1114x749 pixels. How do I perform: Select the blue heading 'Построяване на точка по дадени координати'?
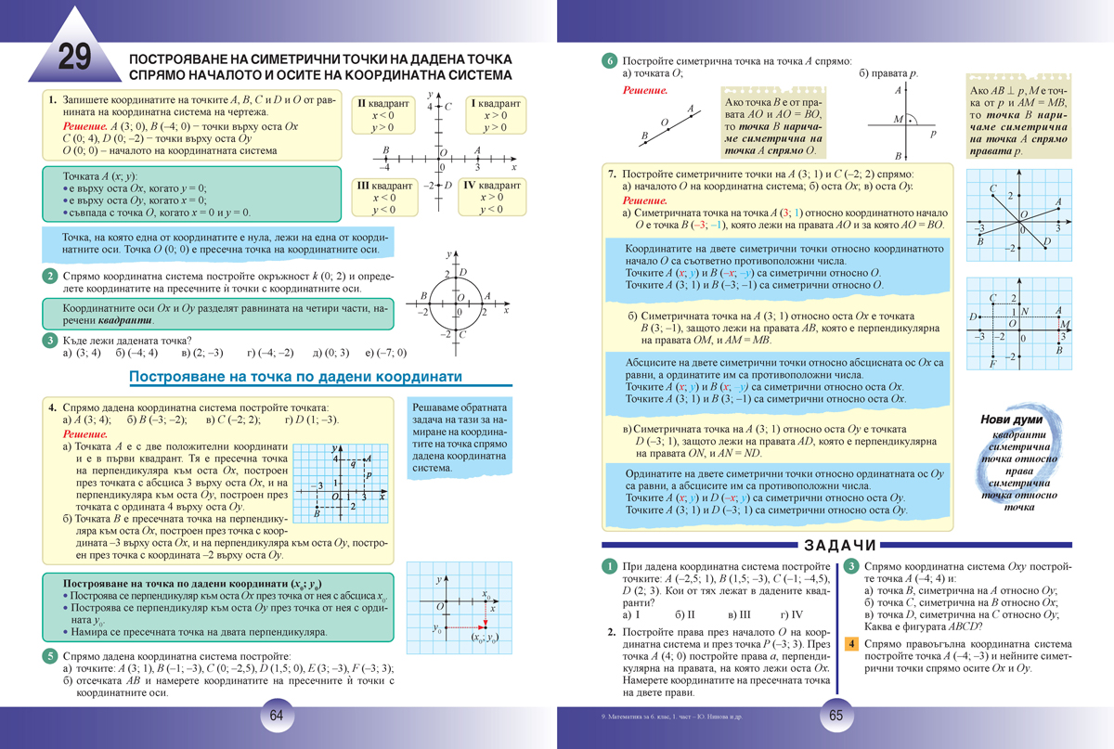[295, 377]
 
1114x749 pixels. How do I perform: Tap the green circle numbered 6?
[609, 61]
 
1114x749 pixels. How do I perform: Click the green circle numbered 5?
[49, 655]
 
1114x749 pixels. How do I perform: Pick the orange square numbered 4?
[849, 644]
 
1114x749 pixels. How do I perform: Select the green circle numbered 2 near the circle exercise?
[49, 276]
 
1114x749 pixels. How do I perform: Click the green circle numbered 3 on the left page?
[49, 341]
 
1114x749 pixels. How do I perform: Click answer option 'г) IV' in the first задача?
[792, 614]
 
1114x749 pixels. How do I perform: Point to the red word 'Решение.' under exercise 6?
[645, 90]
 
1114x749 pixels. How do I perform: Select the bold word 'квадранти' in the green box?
[127, 319]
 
